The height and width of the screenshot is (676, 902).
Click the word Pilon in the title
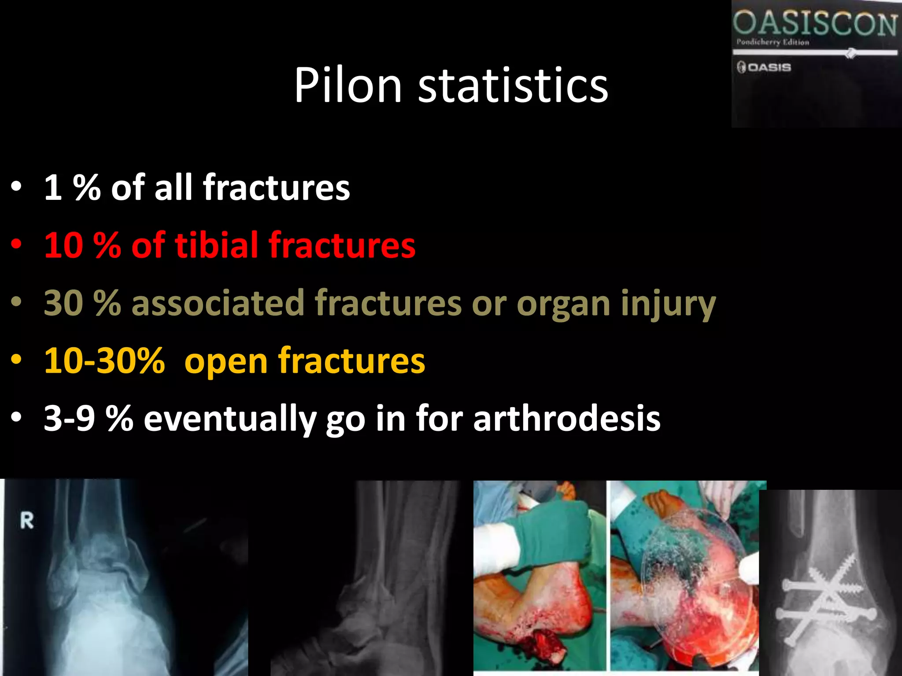pos(347,85)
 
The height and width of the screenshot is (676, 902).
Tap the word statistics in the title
pos(513,85)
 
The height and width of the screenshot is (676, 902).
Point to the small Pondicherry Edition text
pos(773,42)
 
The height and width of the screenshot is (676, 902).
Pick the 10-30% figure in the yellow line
pos(104,360)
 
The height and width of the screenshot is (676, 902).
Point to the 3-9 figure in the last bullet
pos(70,418)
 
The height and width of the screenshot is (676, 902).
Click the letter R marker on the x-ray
pos(27,521)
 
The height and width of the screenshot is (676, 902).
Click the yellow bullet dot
pos(16,360)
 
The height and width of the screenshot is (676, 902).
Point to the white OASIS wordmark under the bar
pos(769,67)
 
